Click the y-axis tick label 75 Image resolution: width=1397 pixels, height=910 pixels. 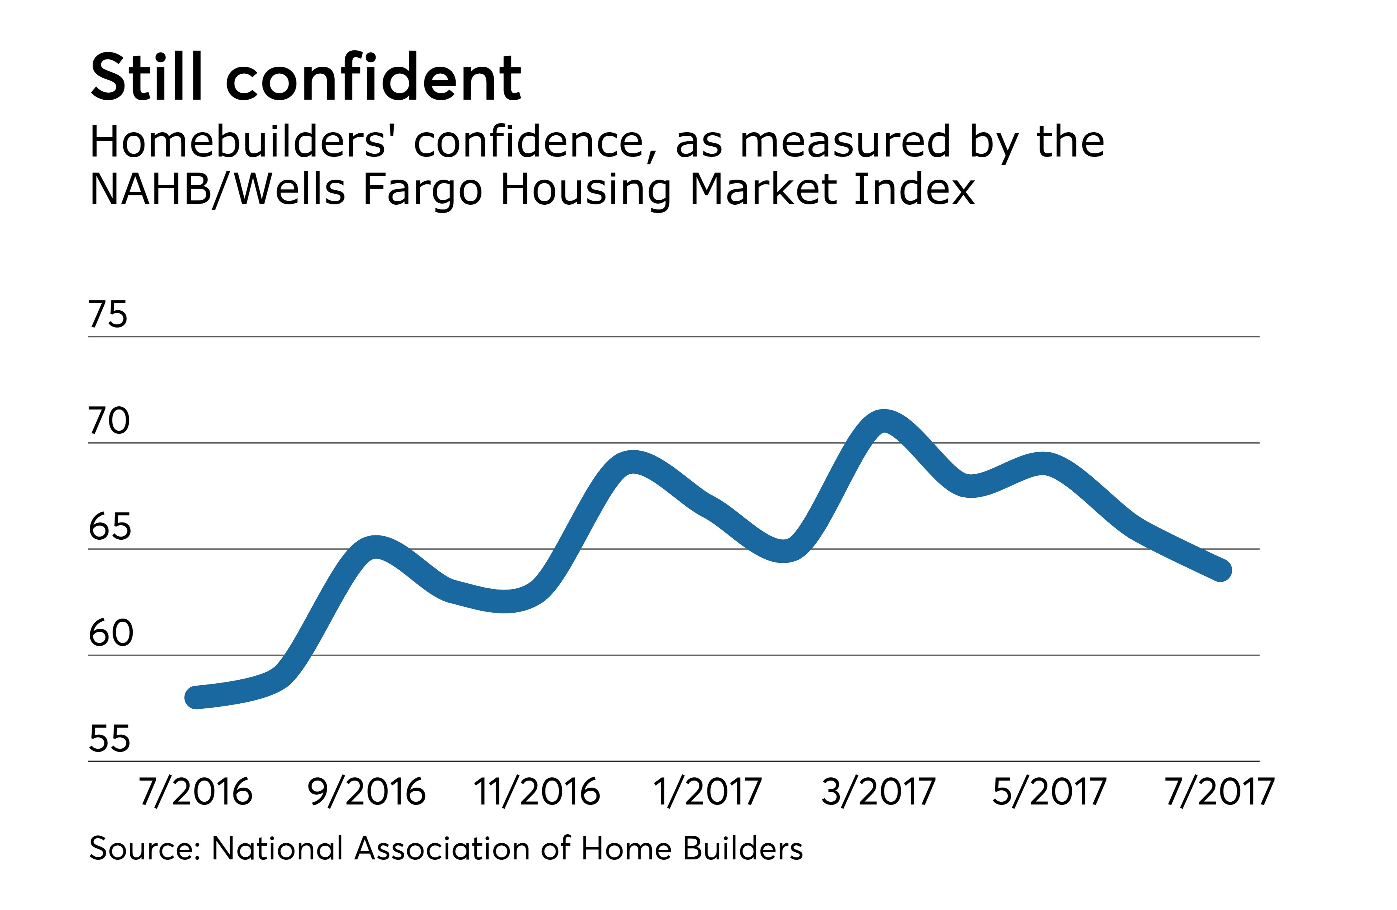pyautogui.click(x=108, y=315)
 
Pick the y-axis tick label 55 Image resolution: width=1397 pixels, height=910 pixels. pyautogui.click(x=109, y=739)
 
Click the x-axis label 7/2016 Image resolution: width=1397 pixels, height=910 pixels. pyautogui.click(x=195, y=792)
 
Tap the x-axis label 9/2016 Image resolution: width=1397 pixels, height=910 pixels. pyautogui.click(x=366, y=792)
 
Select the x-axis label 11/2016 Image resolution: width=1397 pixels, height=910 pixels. pyautogui.click(x=536, y=792)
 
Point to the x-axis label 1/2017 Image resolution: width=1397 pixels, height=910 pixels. pyautogui.click(x=707, y=792)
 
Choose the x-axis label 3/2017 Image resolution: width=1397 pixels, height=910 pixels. pyautogui.click(x=878, y=792)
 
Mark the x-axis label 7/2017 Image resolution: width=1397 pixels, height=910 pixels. pyautogui.click(x=1219, y=792)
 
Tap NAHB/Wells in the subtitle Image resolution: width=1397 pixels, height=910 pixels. pyautogui.click(x=217, y=189)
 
